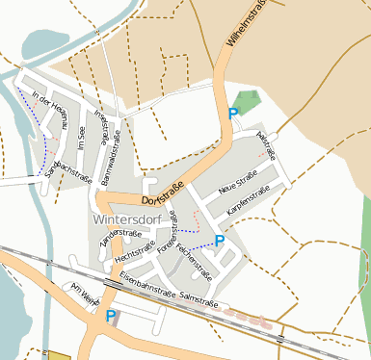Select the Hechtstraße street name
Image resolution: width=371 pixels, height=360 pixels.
click(134, 252)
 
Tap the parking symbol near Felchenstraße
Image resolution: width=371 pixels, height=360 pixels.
click(219, 240)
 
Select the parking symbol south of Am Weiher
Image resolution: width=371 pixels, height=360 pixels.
click(111, 315)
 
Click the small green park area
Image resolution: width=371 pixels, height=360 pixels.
click(246, 101)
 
